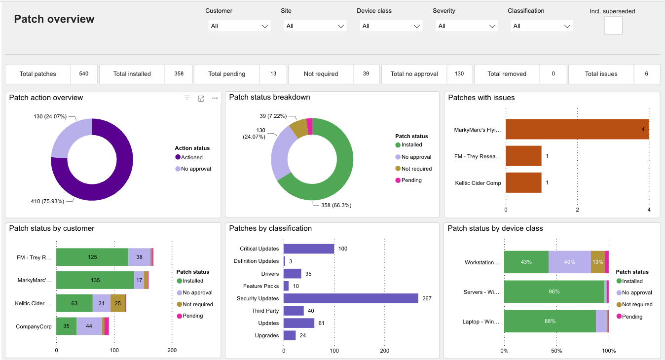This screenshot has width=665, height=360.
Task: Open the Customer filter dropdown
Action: click(x=239, y=26)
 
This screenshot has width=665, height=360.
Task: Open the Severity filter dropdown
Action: click(x=466, y=26)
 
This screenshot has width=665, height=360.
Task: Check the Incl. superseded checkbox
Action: click(x=613, y=26)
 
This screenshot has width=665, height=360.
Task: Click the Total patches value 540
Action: click(x=83, y=74)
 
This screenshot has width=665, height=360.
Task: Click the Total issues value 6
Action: click(x=646, y=74)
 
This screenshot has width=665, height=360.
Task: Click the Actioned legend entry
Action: click(x=191, y=157)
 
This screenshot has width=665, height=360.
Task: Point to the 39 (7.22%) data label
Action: click(x=276, y=116)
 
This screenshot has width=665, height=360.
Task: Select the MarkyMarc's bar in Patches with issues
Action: click(x=577, y=129)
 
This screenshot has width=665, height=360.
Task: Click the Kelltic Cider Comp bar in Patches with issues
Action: click(x=523, y=182)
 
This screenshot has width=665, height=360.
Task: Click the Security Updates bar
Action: click(x=351, y=298)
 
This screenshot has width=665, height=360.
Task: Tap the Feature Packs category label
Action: click(x=260, y=286)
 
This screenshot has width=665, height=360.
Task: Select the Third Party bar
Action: click(x=294, y=311)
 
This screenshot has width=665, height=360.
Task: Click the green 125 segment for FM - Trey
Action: click(x=92, y=257)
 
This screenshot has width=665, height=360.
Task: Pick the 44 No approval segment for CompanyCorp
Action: click(x=89, y=326)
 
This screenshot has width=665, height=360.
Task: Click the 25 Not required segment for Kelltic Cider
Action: click(x=118, y=303)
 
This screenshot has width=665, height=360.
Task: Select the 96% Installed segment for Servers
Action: click(x=554, y=292)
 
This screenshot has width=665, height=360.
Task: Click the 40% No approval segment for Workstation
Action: click(x=569, y=262)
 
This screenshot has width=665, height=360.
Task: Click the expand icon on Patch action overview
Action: click(x=201, y=98)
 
